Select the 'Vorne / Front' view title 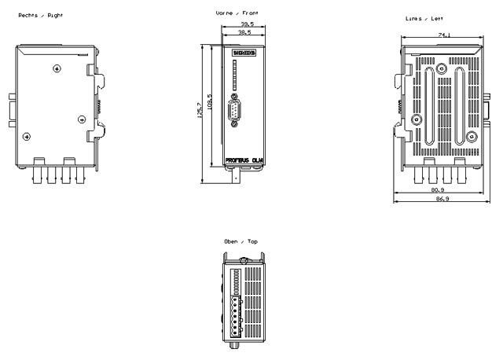[x=236, y=13]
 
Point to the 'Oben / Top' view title [x=240, y=241]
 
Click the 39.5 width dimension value [x=245, y=24]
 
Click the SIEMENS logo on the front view [x=244, y=53]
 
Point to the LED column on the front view [x=236, y=79]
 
